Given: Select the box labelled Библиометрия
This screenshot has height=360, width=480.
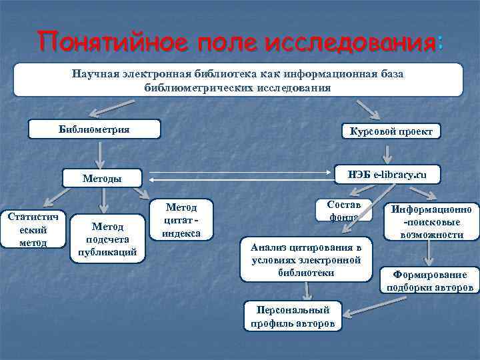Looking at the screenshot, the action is click(x=94, y=129).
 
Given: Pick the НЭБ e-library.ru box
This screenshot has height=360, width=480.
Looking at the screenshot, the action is click(x=387, y=174).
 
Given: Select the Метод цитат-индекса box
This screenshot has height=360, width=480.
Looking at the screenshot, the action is click(x=181, y=219).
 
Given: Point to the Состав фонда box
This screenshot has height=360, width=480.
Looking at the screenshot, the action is click(x=345, y=210).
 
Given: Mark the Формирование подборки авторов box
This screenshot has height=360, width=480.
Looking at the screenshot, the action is click(x=430, y=280).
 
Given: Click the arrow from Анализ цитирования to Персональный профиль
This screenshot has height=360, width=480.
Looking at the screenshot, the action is click(x=306, y=291).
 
